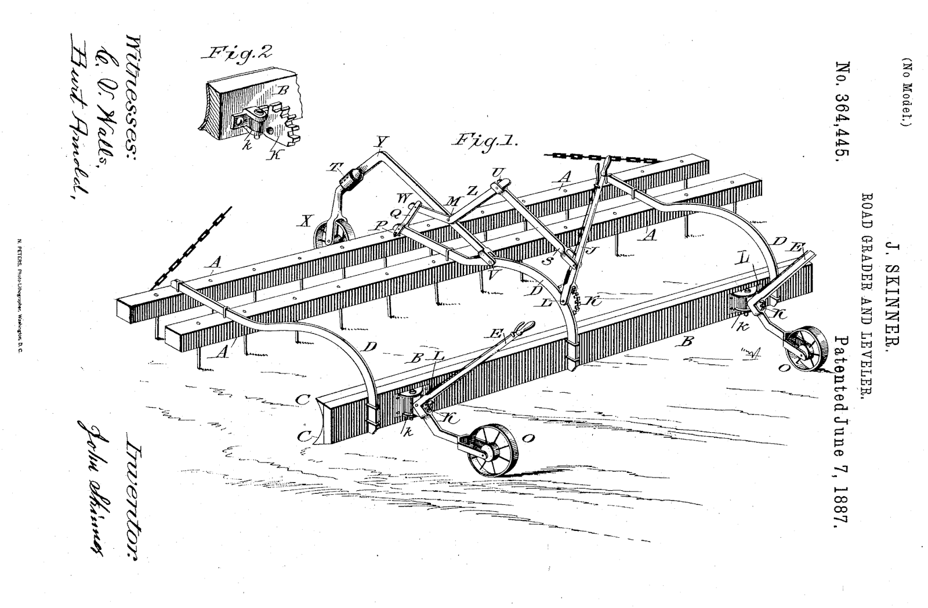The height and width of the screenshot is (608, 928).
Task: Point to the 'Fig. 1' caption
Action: (x=485, y=141)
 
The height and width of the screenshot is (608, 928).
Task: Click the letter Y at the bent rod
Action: (x=380, y=141)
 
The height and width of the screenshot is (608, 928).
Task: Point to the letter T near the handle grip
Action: (x=335, y=167)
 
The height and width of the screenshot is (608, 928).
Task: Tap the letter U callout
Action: (x=496, y=172)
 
